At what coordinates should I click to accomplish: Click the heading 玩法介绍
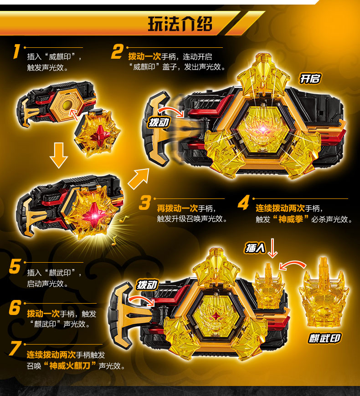180,24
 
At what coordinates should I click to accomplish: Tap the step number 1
16,51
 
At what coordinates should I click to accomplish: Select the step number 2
117,52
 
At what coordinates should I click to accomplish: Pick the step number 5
15,266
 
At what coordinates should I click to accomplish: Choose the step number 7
15,348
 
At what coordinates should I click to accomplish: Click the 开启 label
310,79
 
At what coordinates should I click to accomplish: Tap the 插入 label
255,248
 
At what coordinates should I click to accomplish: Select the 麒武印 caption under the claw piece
324,338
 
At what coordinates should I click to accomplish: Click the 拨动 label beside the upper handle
159,122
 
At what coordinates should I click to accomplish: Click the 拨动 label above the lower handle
147,285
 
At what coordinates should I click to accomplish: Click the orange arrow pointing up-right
139,178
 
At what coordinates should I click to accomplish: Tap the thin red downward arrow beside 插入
272,248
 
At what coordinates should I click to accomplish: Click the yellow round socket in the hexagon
68,105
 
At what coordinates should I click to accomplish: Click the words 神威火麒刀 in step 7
70,366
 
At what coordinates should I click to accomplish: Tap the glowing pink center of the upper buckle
263,130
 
